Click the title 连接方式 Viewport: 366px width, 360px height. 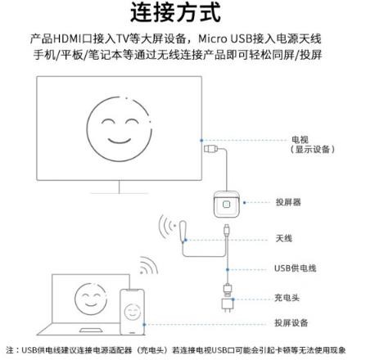point(175,12)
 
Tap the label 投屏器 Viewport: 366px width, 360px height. point(288,202)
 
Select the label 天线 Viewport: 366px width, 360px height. point(284,238)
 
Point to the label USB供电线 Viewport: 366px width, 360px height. point(296,268)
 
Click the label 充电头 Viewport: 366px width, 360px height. point(287,298)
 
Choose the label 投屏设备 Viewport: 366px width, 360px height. point(291,323)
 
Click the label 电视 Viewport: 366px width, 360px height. point(300,140)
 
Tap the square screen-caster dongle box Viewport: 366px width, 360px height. point(226,204)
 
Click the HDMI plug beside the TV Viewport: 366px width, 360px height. point(210,149)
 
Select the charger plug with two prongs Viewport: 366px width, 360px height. point(228,305)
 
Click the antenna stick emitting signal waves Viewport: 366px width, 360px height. point(183,231)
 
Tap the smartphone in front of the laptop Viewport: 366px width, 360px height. point(132,312)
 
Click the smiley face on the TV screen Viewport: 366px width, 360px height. point(119,129)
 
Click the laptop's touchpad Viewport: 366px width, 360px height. point(91,331)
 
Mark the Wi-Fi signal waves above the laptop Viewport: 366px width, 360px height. point(149,265)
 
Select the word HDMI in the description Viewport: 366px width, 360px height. point(67,38)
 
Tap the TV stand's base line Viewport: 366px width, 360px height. point(120,193)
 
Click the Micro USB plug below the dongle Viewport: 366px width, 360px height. point(227,229)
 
